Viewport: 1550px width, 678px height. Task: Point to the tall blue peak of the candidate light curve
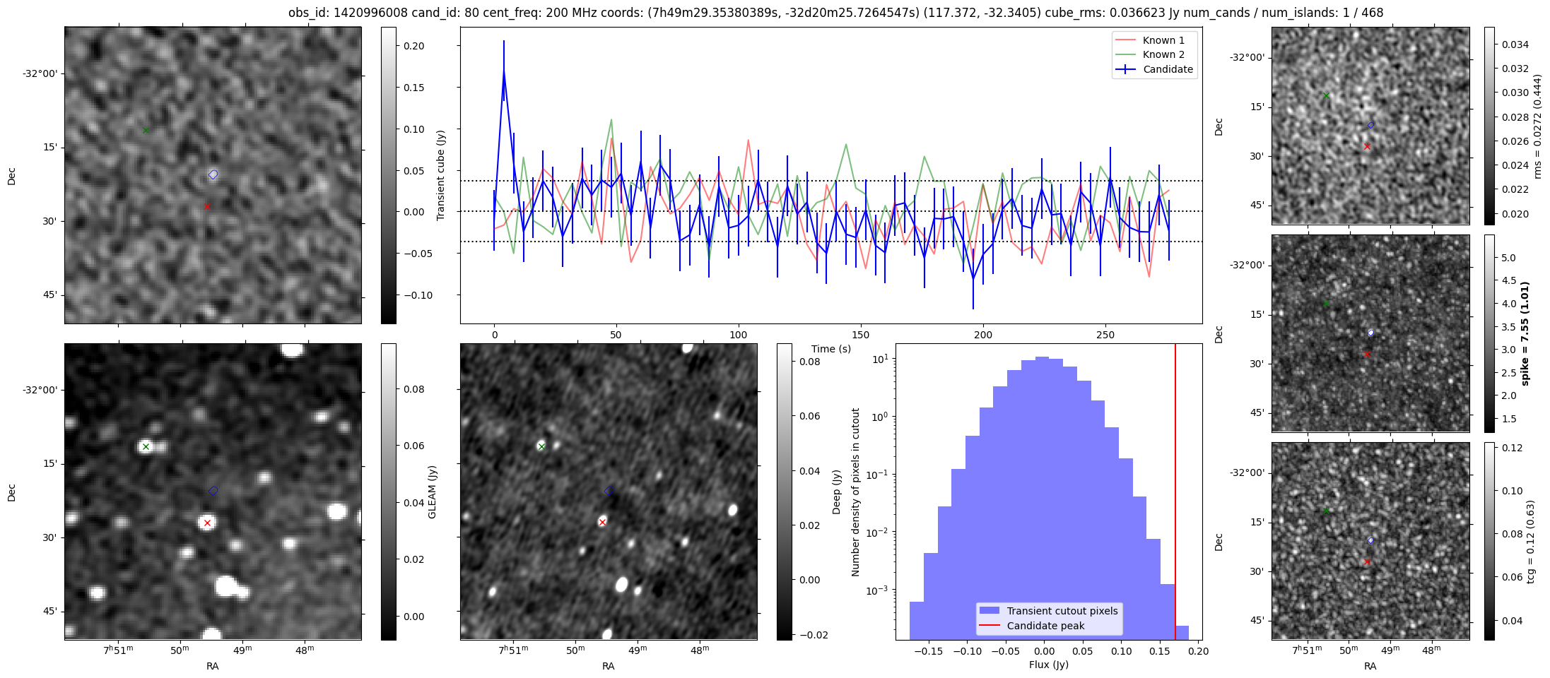(x=504, y=71)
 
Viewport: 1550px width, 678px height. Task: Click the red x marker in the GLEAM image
(x=207, y=523)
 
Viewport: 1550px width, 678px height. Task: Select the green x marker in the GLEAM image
(x=146, y=446)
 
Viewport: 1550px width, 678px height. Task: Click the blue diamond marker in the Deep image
(x=609, y=490)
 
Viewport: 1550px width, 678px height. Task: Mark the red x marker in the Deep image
(x=602, y=522)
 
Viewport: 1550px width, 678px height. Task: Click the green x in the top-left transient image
(x=146, y=130)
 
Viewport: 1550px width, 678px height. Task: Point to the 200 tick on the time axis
(x=982, y=335)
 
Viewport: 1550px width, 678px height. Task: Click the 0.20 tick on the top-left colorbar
(x=413, y=46)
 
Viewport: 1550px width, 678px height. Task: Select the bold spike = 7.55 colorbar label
(x=1525, y=333)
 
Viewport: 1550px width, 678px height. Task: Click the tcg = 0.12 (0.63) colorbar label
(x=1530, y=542)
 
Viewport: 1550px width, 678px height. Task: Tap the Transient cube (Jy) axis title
(x=440, y=175)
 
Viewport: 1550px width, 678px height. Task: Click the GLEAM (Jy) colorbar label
(x=432, y=492)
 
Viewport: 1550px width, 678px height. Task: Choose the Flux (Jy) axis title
(x=1048, y=665)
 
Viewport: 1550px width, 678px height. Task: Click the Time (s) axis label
(x=830, y=349)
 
